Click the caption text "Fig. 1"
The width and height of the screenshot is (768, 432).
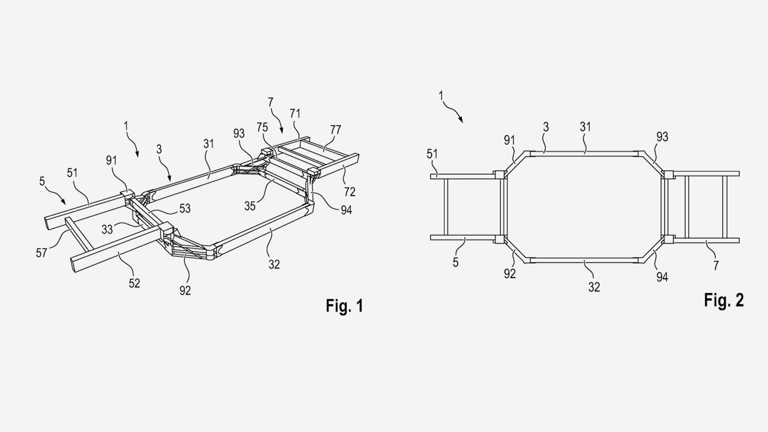pyautogui.click(x=344, y=306)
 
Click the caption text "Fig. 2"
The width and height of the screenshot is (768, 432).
pyautogui.click(x=724, y=300)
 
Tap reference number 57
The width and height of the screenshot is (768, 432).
pyautogui.click(x=41, y=253)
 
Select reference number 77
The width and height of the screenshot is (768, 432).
pyautogui.click(x=336, y=130)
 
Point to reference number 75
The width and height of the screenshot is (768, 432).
pyautogui.click(x=262, y=128)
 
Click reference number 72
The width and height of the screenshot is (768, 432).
pyautogui.click(x=350, y=192)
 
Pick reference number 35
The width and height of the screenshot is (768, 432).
pyautogui.click(x=250, y=206)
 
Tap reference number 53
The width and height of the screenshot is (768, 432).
pyautogui.click(x=185, y=208)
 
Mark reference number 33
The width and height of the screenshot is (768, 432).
pyautogui.click(x=107, y=230)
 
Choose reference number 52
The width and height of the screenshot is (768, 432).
pyautogui.click(x=134, y=283)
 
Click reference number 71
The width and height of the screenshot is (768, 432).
pyautogui.click(x=295, y=114)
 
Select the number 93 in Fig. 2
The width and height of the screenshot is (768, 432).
pyautogui.click(x=662, y=137)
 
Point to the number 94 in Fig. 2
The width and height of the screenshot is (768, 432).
pyautogui.click(x=662, y=277)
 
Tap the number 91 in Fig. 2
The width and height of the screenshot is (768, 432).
pyautogui.click(x=510, y=140)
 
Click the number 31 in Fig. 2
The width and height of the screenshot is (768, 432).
pyautogui.click(x=585, y=127)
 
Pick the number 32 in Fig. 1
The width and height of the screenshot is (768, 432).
pyautogui.click(x=274, y=264)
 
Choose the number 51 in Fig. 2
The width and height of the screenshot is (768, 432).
pyautogui.click(x=432, y=154)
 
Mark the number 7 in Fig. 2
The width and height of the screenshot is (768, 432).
pyautogui.click(x=716, y=265)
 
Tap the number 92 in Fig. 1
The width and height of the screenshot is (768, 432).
pyautogui.click(x=185, y=291)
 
